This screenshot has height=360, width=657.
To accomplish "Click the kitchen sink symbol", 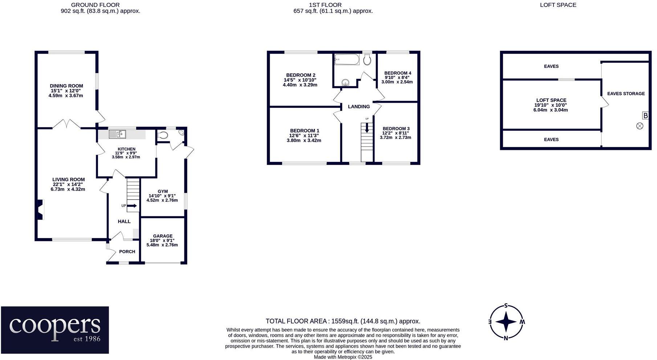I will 117,134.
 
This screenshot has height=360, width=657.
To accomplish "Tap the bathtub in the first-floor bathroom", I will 347,60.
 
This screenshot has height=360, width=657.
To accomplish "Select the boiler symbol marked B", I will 645,116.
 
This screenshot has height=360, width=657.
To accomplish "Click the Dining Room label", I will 66,86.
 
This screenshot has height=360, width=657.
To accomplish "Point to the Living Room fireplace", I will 40,210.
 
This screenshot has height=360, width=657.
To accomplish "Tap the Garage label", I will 163,236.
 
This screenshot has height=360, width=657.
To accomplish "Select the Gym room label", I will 163,191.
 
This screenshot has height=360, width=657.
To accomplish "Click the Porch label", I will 127,251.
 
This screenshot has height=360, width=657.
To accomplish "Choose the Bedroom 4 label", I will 397,73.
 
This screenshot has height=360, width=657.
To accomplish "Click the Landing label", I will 359,106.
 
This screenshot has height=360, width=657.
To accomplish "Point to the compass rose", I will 506,322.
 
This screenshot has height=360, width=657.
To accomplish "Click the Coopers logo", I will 55,330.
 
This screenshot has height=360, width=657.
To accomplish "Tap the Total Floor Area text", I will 343,321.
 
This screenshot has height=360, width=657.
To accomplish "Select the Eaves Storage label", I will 626,94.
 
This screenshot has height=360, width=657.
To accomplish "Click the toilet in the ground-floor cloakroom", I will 163,135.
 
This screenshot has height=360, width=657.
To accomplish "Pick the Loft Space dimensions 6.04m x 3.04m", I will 550,110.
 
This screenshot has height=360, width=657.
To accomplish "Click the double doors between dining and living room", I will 66,124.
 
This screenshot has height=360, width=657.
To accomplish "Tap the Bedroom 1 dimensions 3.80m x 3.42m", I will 304,140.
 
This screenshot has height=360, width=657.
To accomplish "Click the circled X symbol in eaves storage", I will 640,126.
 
